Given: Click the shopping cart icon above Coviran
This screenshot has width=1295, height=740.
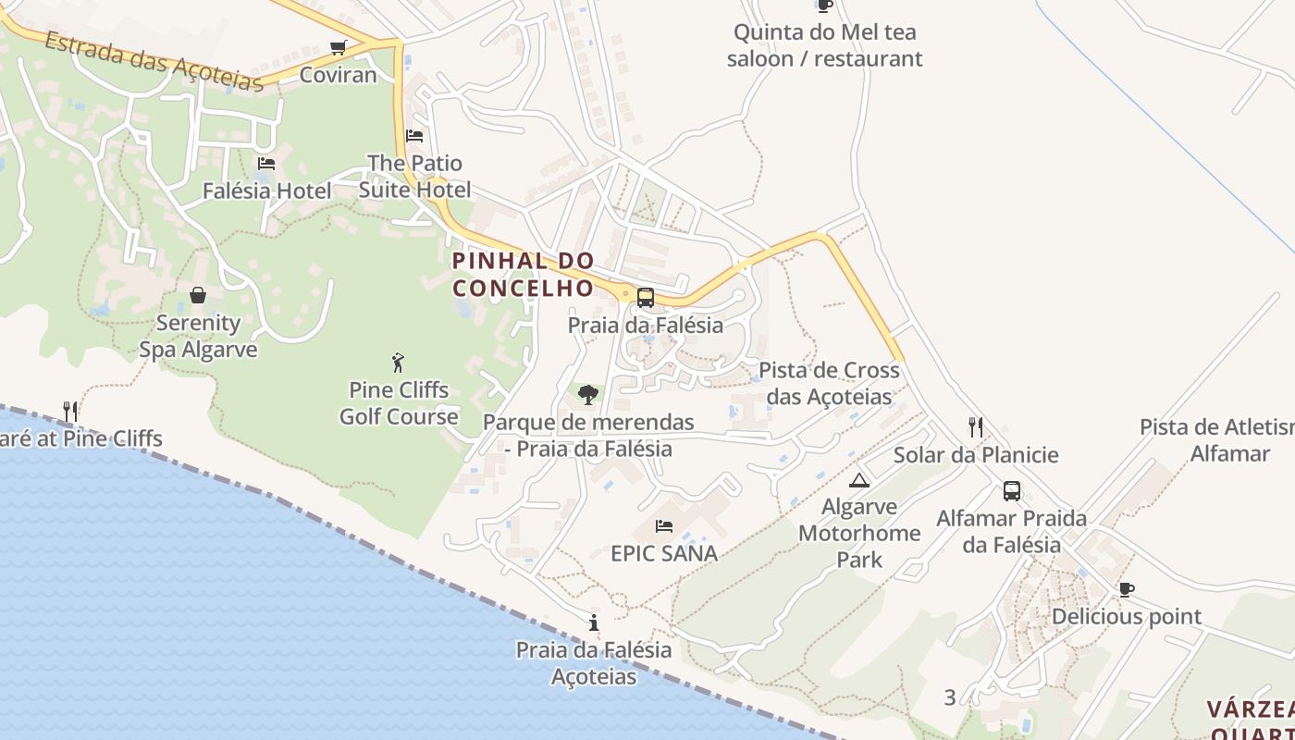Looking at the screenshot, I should (x=339, y=47).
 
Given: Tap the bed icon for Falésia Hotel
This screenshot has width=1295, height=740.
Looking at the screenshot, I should (x=266, y=164).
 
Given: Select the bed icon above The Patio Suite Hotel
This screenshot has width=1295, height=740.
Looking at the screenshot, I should (x=414, y=136).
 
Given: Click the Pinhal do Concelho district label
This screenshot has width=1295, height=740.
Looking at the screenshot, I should (x=524, y=275).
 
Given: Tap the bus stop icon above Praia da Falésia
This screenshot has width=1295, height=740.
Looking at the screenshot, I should (x=646, y=298).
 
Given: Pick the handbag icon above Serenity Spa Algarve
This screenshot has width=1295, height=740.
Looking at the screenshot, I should (x=198, y=295).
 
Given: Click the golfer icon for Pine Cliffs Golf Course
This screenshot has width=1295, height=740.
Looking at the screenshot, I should (x=399, y=362).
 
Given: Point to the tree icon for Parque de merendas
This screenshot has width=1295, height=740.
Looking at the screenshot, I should (x=587, y=395).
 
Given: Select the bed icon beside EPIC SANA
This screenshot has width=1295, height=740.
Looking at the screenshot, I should (x=664, y=526).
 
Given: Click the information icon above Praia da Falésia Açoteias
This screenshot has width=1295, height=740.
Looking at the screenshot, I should (x=594, y=623).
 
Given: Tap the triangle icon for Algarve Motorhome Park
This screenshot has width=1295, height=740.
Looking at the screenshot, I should (x=860, y=480).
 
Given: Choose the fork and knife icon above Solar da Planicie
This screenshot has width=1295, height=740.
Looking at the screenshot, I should (x=976, y=426).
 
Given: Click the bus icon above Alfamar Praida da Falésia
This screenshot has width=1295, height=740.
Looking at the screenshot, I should (x=1012, y=491).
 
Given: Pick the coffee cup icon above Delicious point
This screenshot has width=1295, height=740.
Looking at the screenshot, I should (x=1126, y=589).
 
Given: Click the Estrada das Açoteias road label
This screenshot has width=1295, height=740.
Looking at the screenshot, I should (x=154, y=61).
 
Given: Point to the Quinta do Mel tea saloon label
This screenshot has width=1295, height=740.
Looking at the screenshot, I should (x=824, y=45).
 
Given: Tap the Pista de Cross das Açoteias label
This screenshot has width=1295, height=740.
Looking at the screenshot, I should (x=829, y=383).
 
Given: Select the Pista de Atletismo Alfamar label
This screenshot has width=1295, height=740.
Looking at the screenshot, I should (x=1216, y=440).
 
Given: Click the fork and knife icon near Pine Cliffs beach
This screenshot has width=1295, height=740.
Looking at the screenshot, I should (x=70, y=411).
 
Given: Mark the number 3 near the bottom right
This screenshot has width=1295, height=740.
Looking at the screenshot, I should (x=950, y=697).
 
